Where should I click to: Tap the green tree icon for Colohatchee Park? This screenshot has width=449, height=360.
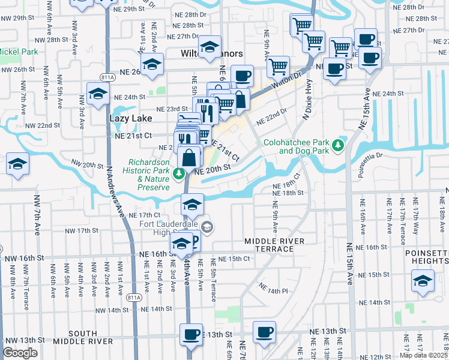pyautogui.click(x=339, y=145)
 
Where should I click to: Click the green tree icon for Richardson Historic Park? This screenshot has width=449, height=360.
pyautogui.click(x=178, y=174)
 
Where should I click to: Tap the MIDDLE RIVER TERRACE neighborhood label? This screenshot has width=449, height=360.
pyautogui.click(x=275, y=244)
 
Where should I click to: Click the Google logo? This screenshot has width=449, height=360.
pyautogui.click(x=20, y=353)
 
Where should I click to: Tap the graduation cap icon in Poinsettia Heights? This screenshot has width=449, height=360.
pyautogui.click(x=423, y=280)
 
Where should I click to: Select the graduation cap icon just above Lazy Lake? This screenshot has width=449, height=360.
pyautogui.click(x=98, y=94)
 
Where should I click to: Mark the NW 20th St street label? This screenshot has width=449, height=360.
pyautogui.click(x=88, y=164)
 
